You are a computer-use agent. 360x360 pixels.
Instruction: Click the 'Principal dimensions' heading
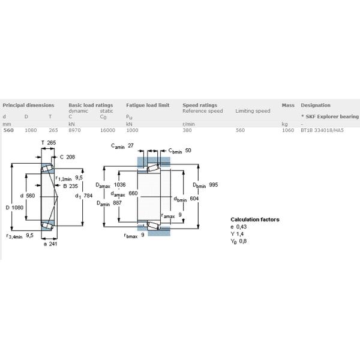pos(28,105)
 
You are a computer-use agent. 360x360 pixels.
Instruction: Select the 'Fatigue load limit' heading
pos(148,105)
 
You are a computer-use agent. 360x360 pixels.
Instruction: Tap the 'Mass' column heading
pos(287,105)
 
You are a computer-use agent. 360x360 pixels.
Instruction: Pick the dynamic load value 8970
pos(75,130)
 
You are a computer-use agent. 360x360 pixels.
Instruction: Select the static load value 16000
pos(107,130)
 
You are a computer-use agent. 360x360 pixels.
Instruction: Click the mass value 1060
pos(288,130)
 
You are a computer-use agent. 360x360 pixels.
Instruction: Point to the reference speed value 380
pos(188,130)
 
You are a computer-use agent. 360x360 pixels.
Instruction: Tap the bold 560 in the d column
pos(9,130)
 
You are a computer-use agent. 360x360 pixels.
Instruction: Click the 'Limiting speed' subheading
pos(253,111)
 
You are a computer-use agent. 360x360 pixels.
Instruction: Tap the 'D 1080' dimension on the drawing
pos(14,208)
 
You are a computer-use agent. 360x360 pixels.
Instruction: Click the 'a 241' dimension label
pos(50,244)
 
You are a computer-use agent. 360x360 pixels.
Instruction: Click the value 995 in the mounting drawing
pos(213,185)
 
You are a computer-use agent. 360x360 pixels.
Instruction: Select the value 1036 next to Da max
pos(119,186)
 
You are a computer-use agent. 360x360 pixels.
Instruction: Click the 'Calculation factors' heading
pos(255,220)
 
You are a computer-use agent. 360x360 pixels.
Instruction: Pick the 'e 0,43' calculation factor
pos(239,227)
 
